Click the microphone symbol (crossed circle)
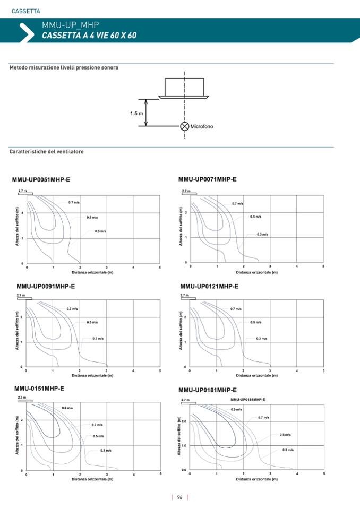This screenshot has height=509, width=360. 184,126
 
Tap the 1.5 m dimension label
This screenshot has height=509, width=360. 136,113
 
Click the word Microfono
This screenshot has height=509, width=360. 202,126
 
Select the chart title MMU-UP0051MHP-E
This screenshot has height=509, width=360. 41,180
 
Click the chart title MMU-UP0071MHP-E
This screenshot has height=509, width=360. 208,179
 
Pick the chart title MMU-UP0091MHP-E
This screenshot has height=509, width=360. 46,286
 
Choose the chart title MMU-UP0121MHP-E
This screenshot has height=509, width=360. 209,286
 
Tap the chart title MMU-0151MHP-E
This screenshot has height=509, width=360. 39,389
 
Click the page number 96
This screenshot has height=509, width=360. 180,497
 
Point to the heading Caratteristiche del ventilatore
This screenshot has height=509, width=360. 47,152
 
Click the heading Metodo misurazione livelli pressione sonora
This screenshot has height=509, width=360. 64,68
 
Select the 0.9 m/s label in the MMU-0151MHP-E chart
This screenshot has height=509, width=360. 67,408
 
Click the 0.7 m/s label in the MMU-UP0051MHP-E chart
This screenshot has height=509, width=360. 74,203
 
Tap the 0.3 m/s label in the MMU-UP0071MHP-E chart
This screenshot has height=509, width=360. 262,234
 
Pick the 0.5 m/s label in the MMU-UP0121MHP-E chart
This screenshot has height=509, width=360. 256,322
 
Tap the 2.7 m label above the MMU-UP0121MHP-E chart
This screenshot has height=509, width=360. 185,295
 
